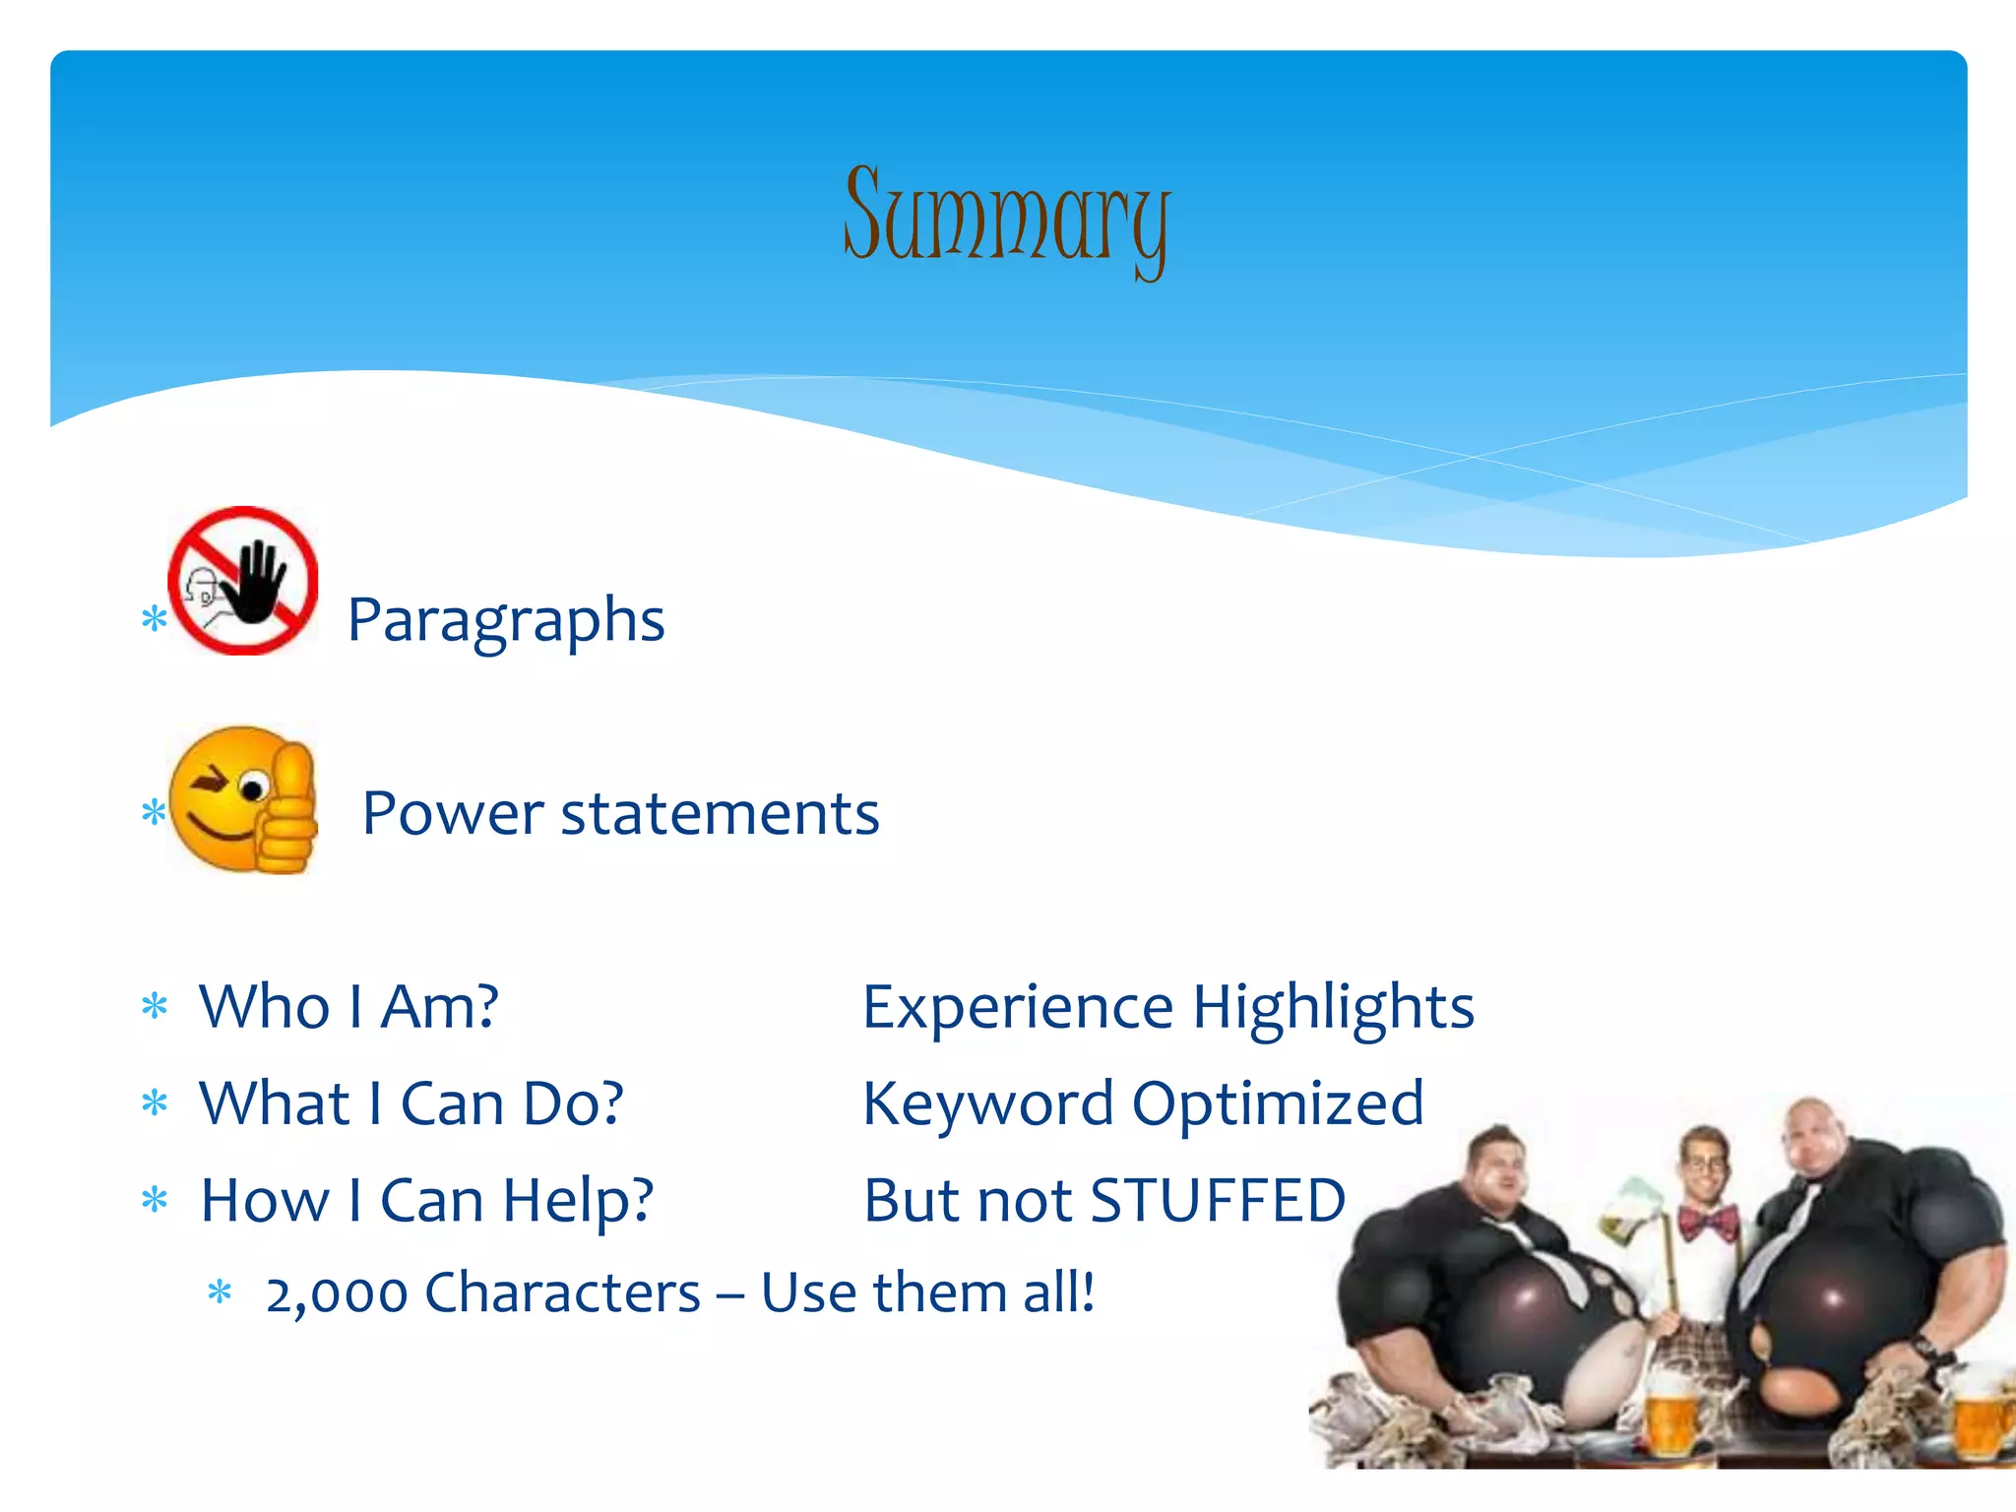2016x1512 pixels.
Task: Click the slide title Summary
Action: point(1006,217)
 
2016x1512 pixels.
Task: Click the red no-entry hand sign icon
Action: point(243,581)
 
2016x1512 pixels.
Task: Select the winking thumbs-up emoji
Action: point(243,800)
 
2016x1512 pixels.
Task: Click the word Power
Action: point(452,814)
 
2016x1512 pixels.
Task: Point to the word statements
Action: point(720,814)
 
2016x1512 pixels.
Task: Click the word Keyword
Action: point(987,1104)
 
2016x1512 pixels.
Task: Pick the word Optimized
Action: point(1278,1104)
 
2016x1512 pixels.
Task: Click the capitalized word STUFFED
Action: point(1218,1201)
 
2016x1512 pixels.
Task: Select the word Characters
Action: point(562,1293)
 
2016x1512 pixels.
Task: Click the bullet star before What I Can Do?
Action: point(155,1102)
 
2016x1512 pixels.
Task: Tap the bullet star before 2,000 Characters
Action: point(220,1292)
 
